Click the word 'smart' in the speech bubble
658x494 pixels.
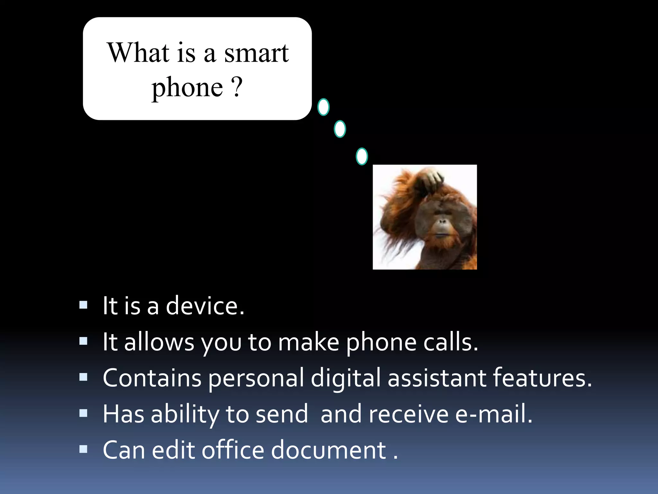coord(256,53)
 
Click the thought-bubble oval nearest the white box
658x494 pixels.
coord(323,107)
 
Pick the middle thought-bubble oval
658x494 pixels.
coord(340,129)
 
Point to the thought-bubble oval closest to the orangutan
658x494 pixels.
coord(362,157)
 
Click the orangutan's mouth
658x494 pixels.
coord(443,234)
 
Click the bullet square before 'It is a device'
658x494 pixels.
coord(84,305)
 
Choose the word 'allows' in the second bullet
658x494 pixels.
coord(159,342)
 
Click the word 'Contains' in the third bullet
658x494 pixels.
coord(152,378)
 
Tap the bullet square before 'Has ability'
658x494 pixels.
coord(84,413)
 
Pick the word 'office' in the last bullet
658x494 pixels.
coord(233,450)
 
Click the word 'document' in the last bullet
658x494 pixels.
coord(328,450)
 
